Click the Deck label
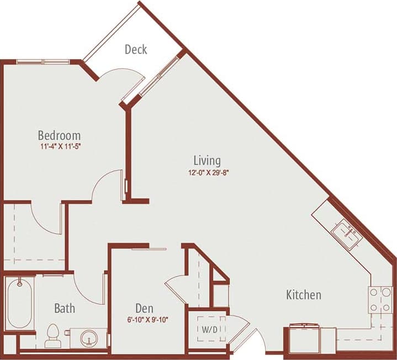(x=135, y=50)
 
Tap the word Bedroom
(x=59, y=135)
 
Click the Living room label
(x=207, y=161)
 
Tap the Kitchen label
(x=303, y=295)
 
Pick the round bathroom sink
(x=88, y=337)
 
